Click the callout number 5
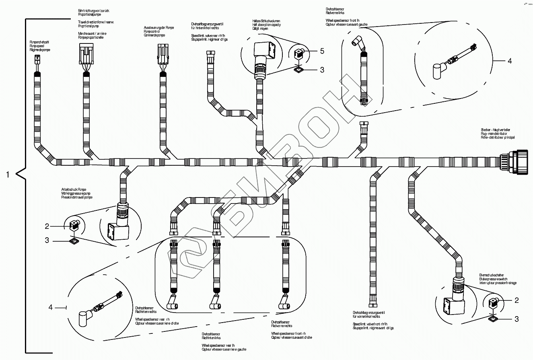coord(322,51)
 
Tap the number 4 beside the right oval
coord(510,61)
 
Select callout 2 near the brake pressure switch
coord(517,300)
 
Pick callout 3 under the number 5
coord(322,70)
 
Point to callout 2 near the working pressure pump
coord(47,226)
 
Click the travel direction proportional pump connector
coord(86,54)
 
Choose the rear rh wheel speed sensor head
coord(173,304)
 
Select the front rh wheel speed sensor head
coord(286,304)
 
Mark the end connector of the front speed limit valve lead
coord(370,301)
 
